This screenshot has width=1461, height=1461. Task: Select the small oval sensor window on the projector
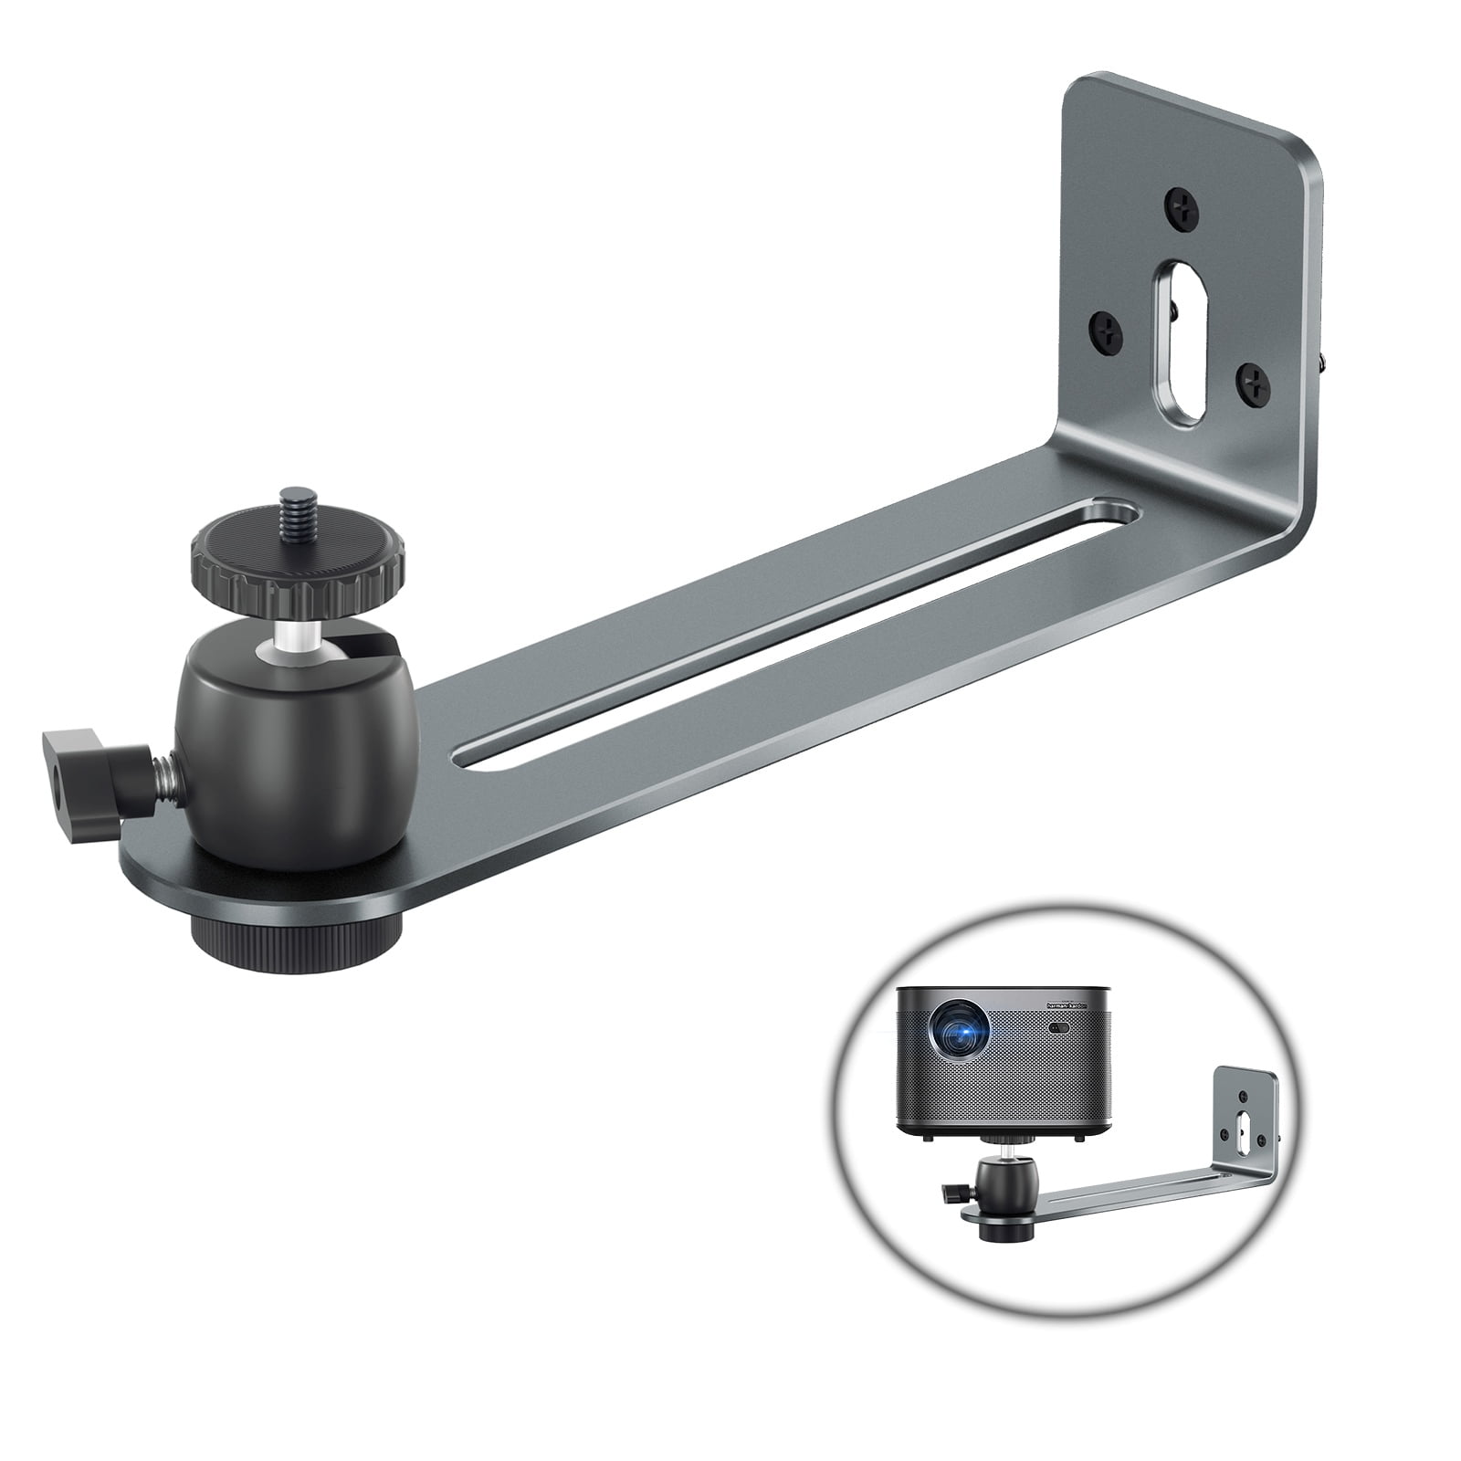tap(1060, 1029)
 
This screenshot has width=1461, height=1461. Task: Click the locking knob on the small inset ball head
tap(951, 1192)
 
